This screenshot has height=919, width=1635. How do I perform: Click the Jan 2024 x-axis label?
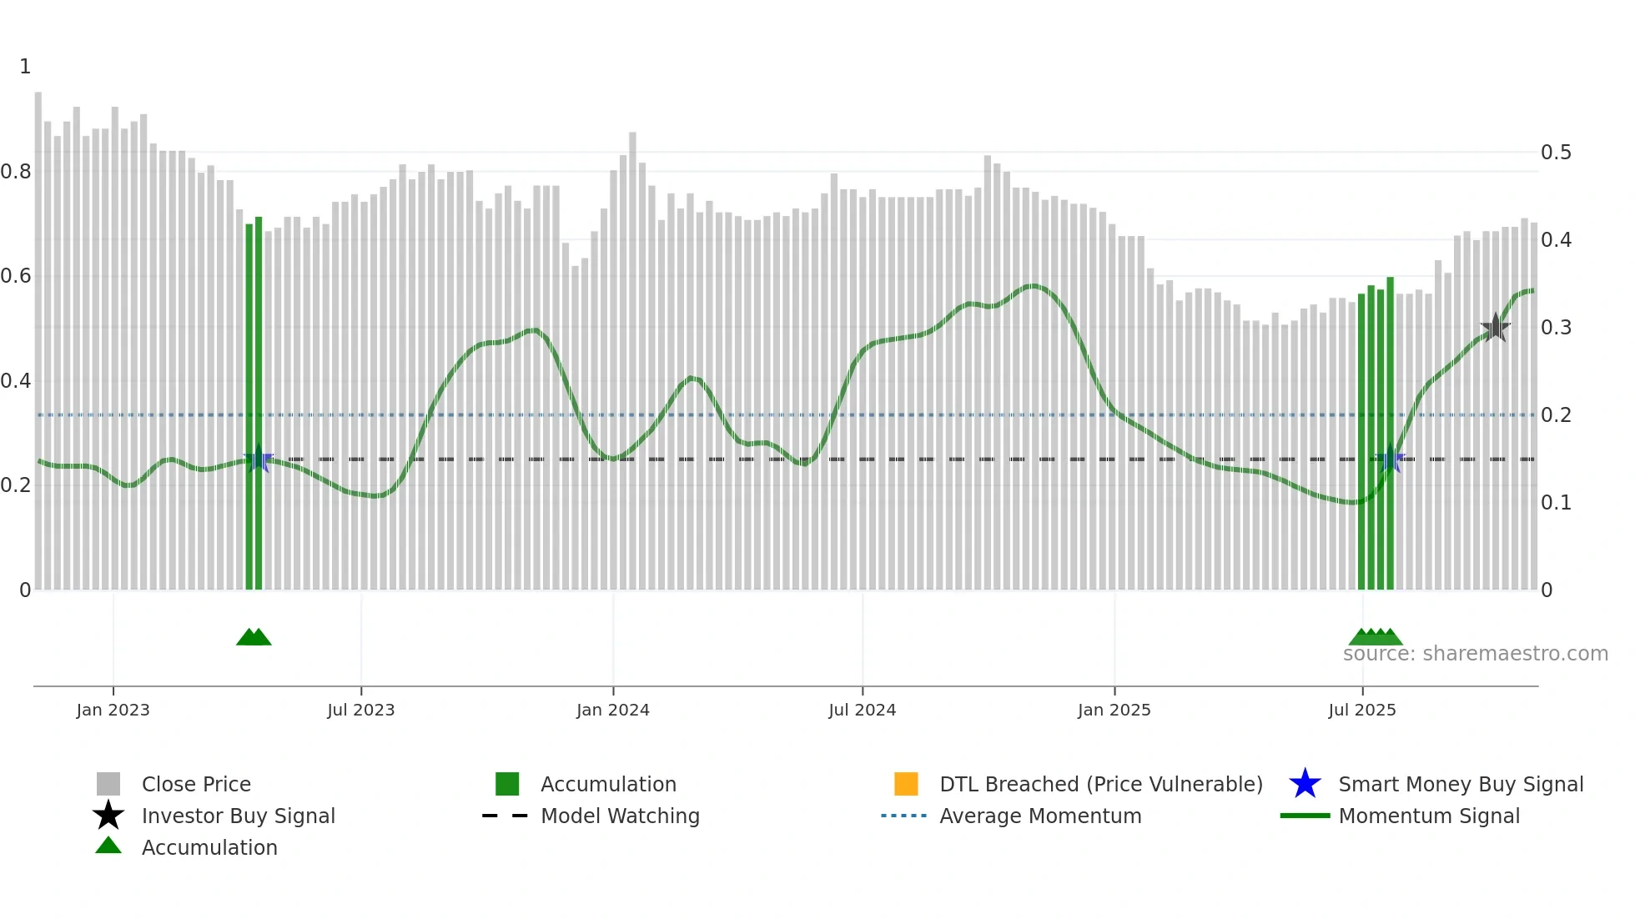pyautogui.click(x=612, y=710)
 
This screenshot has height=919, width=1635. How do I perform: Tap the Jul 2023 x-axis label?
pyautogui.click(x=360, y=710)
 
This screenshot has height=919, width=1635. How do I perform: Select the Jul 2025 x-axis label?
pyautogui.click(x=1361, y=710)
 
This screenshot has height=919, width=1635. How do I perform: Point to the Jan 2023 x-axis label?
pyautogui.click(x=113, y=710)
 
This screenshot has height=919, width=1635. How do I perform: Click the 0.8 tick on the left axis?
pyautogui.click(x=17, y=172)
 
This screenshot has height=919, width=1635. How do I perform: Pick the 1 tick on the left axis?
pyautogui.click(x=25, y=67)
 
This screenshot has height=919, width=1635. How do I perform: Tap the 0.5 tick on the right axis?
pyautogui.click(x=1556, y=153)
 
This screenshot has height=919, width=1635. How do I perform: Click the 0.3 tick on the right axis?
pyautogui.click(x=1556, y=328)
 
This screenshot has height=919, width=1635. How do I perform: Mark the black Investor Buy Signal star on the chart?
pyautogui.click(x=1495, y=328)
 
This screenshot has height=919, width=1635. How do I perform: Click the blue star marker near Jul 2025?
pyautogui.click(x=1391, y=459)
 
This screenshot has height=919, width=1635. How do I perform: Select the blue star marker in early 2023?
pyautogui.click(x=258, y=459)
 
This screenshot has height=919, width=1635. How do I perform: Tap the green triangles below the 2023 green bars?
pyautogui.click(x=254, y=638)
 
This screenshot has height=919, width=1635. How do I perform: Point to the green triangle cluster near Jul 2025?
pyautogui.click(x=1375, y=638)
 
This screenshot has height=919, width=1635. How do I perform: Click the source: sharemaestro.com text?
pyautogui.click(x=1475, y=654)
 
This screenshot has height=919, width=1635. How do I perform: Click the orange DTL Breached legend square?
pyautogui.click(x=906, y=784)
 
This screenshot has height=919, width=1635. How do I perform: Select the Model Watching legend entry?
pyautogui.click(x=619, y=816)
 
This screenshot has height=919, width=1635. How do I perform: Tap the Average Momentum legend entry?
pyautogui.click(x=1039, y=816)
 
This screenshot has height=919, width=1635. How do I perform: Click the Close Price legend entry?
pyautogui.click(x=195, y=784)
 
